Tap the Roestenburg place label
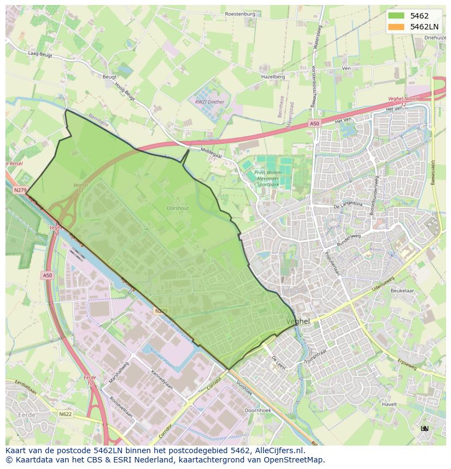240,14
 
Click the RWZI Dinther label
210,101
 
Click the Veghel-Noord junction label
403,99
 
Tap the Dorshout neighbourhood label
178,208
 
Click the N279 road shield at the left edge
20,190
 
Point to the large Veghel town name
298,321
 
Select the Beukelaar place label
402,291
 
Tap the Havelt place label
389,404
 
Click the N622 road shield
65,415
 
